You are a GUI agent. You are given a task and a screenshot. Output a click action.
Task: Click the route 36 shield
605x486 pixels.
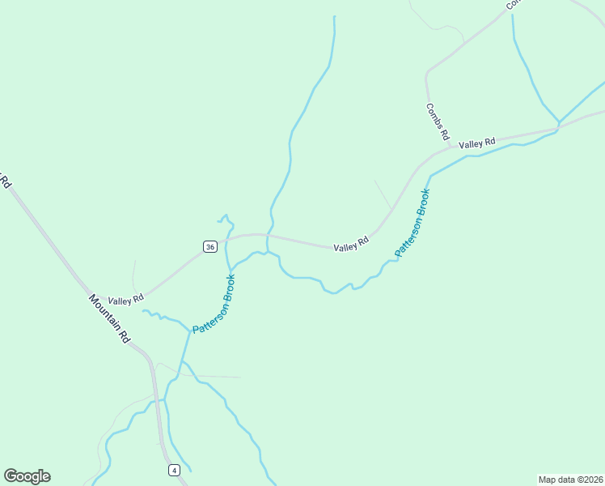point(209,246)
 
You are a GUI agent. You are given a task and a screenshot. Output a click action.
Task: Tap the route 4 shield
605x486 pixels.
point(174,470)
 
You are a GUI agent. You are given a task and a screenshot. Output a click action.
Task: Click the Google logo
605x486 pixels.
point(27,476)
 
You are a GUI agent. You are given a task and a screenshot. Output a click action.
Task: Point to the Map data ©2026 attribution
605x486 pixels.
point(570,479)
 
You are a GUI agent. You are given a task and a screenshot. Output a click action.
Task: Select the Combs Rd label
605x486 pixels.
point(438,122)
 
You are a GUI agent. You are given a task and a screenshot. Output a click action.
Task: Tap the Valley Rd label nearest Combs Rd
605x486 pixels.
point(476,143)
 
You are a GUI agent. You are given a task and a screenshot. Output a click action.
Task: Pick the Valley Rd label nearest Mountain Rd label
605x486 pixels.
point(125,299)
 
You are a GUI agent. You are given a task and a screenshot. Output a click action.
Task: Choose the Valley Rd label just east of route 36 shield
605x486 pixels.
point(352,243)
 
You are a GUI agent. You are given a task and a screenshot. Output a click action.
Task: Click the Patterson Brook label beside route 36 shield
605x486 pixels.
point(214,305)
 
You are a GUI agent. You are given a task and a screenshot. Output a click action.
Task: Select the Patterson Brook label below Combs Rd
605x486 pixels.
point(412,223)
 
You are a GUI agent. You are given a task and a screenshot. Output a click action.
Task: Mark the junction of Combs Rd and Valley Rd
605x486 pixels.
point(451,147)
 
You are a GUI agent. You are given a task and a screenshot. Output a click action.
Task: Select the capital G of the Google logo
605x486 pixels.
point(10,476)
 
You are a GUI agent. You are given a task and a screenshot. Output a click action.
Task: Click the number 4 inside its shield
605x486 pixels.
point(174,470)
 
